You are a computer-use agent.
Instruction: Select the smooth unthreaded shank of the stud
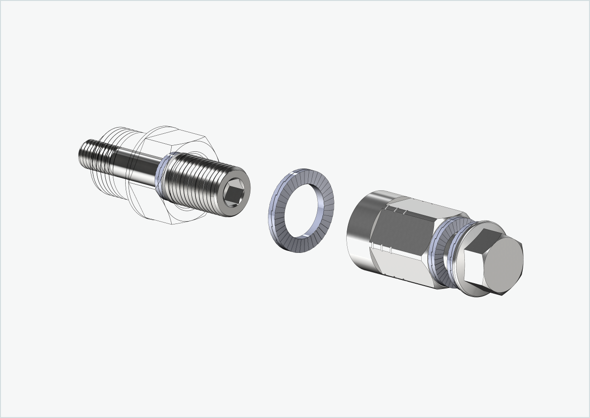pyautogui.click(x=138, y=166)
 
